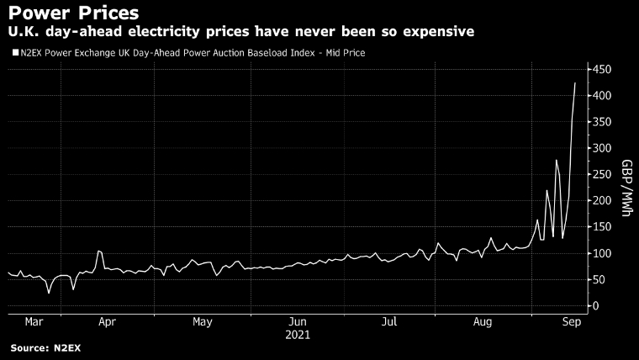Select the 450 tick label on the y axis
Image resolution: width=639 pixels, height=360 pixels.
coord(603,69)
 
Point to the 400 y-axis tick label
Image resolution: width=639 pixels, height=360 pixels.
coord(603,96)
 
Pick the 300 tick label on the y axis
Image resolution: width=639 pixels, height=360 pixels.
coord(603,148)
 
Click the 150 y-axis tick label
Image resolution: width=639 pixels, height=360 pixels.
coord(603,227)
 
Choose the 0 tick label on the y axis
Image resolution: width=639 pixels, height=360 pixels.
coord(596,306)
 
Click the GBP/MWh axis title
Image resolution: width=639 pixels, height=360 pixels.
coord(626,188)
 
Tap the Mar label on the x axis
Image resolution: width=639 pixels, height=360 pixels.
coord(33,321)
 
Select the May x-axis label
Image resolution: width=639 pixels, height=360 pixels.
coord(202,321)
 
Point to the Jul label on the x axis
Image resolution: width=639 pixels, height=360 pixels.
coord(389,321)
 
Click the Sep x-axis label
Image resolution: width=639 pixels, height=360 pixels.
coord(568,321)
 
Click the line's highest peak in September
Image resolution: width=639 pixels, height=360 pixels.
coord(575,83)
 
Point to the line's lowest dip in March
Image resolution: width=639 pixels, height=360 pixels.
coord(49,293)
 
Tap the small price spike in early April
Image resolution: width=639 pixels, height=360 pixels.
coord(98,251)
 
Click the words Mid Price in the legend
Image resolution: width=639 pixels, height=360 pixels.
coord(342,53)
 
